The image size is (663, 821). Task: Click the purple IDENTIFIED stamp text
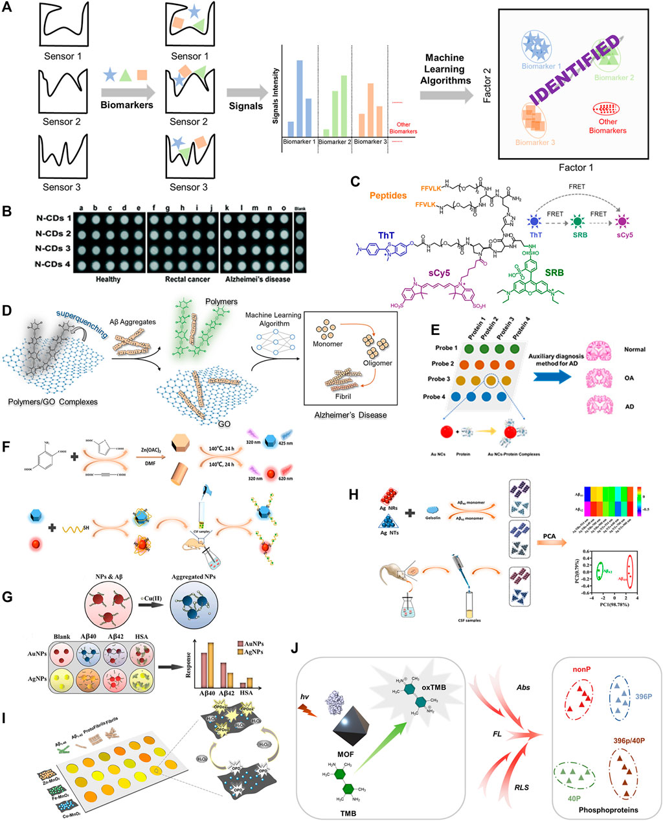coord(574,70)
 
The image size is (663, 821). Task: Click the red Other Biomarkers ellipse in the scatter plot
coord(607,108)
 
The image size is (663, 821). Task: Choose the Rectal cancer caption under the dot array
coord(183,279)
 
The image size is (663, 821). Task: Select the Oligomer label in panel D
coord(377,363)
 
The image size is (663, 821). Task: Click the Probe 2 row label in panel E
coord(446,364)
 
